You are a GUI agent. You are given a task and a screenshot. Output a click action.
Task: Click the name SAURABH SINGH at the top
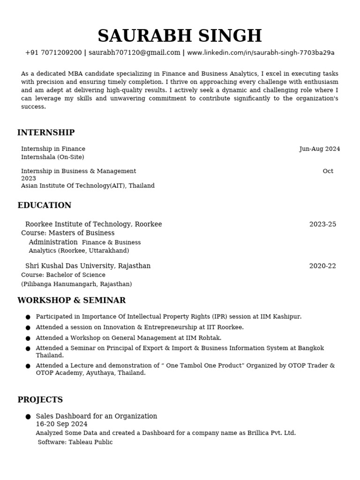(x=180, y=36)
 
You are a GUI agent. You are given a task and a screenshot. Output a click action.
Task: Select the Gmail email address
(x=135, y=52)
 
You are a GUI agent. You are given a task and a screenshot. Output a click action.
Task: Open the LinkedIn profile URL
(x=261, y=52)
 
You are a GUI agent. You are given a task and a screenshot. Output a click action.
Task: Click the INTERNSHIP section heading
(x=46, y=133)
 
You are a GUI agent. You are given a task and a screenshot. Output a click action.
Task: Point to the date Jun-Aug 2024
(x=320, y=149)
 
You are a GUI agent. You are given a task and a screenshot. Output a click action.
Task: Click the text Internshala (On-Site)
(x=52, y=157)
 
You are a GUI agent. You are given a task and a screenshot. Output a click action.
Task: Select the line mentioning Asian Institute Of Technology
(x=88, y=186)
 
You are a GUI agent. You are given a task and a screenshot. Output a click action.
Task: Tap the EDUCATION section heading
(x=45, y=205)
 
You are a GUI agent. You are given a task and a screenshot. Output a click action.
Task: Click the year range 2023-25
(x=322, y=224)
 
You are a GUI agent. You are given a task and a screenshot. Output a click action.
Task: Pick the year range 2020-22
(x=322, y=266)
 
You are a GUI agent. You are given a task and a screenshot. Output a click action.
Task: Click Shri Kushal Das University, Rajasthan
(x=88, y=266)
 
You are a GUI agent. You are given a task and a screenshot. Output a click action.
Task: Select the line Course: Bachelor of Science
(x=63, y=275)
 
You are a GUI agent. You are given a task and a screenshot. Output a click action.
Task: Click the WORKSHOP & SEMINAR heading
(x=71, y=300)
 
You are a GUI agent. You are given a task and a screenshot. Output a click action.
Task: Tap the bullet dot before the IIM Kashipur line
(x=28, y=317)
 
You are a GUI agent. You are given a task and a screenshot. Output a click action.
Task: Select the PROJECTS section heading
(x=40, y=400)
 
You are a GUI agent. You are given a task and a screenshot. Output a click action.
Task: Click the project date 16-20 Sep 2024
(x=61, y=424)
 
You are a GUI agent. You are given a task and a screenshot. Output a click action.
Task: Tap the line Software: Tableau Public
(x=75, y=442)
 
